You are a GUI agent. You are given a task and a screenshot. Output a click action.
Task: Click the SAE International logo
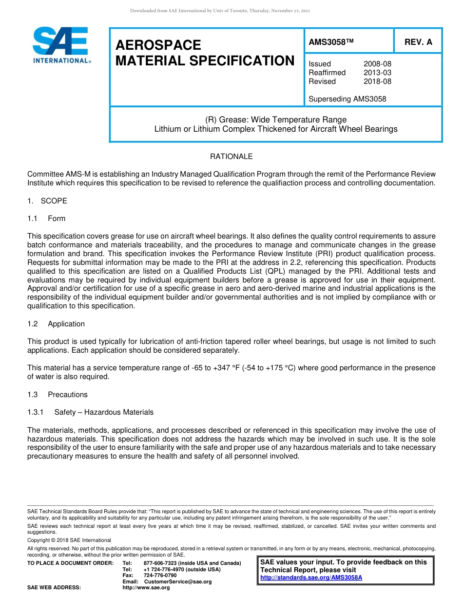(61, 45)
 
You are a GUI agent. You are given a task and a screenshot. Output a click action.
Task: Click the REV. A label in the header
(418, 42)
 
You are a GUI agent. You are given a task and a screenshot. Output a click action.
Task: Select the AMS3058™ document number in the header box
(330, 42)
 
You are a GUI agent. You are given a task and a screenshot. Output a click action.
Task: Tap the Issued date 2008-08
(377, 64)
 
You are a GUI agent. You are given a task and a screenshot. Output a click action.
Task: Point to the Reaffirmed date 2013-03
(377, 73)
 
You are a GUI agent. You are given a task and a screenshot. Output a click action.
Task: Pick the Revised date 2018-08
(377, 81)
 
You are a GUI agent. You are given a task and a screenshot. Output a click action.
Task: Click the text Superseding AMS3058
(347, 99)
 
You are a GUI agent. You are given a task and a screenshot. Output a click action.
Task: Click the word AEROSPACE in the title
(158, 45)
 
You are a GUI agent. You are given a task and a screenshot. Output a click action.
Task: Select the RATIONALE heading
(231, 157)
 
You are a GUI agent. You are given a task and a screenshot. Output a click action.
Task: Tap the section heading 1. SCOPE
(47, 201)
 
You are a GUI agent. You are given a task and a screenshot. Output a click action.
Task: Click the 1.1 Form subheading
(46, 219)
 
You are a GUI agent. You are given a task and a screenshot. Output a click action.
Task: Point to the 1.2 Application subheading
(56, 324)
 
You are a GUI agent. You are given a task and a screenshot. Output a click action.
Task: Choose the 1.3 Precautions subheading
(58, 395)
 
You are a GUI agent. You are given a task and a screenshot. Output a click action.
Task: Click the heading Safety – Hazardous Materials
(104, 412)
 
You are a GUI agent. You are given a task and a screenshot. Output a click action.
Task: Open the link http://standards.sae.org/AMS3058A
(311, 578)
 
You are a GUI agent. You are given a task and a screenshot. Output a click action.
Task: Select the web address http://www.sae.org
(146, 588)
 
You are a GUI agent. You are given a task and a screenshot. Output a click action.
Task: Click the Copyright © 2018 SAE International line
(69, 540)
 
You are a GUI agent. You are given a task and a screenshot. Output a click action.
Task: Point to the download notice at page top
(220, 11)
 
